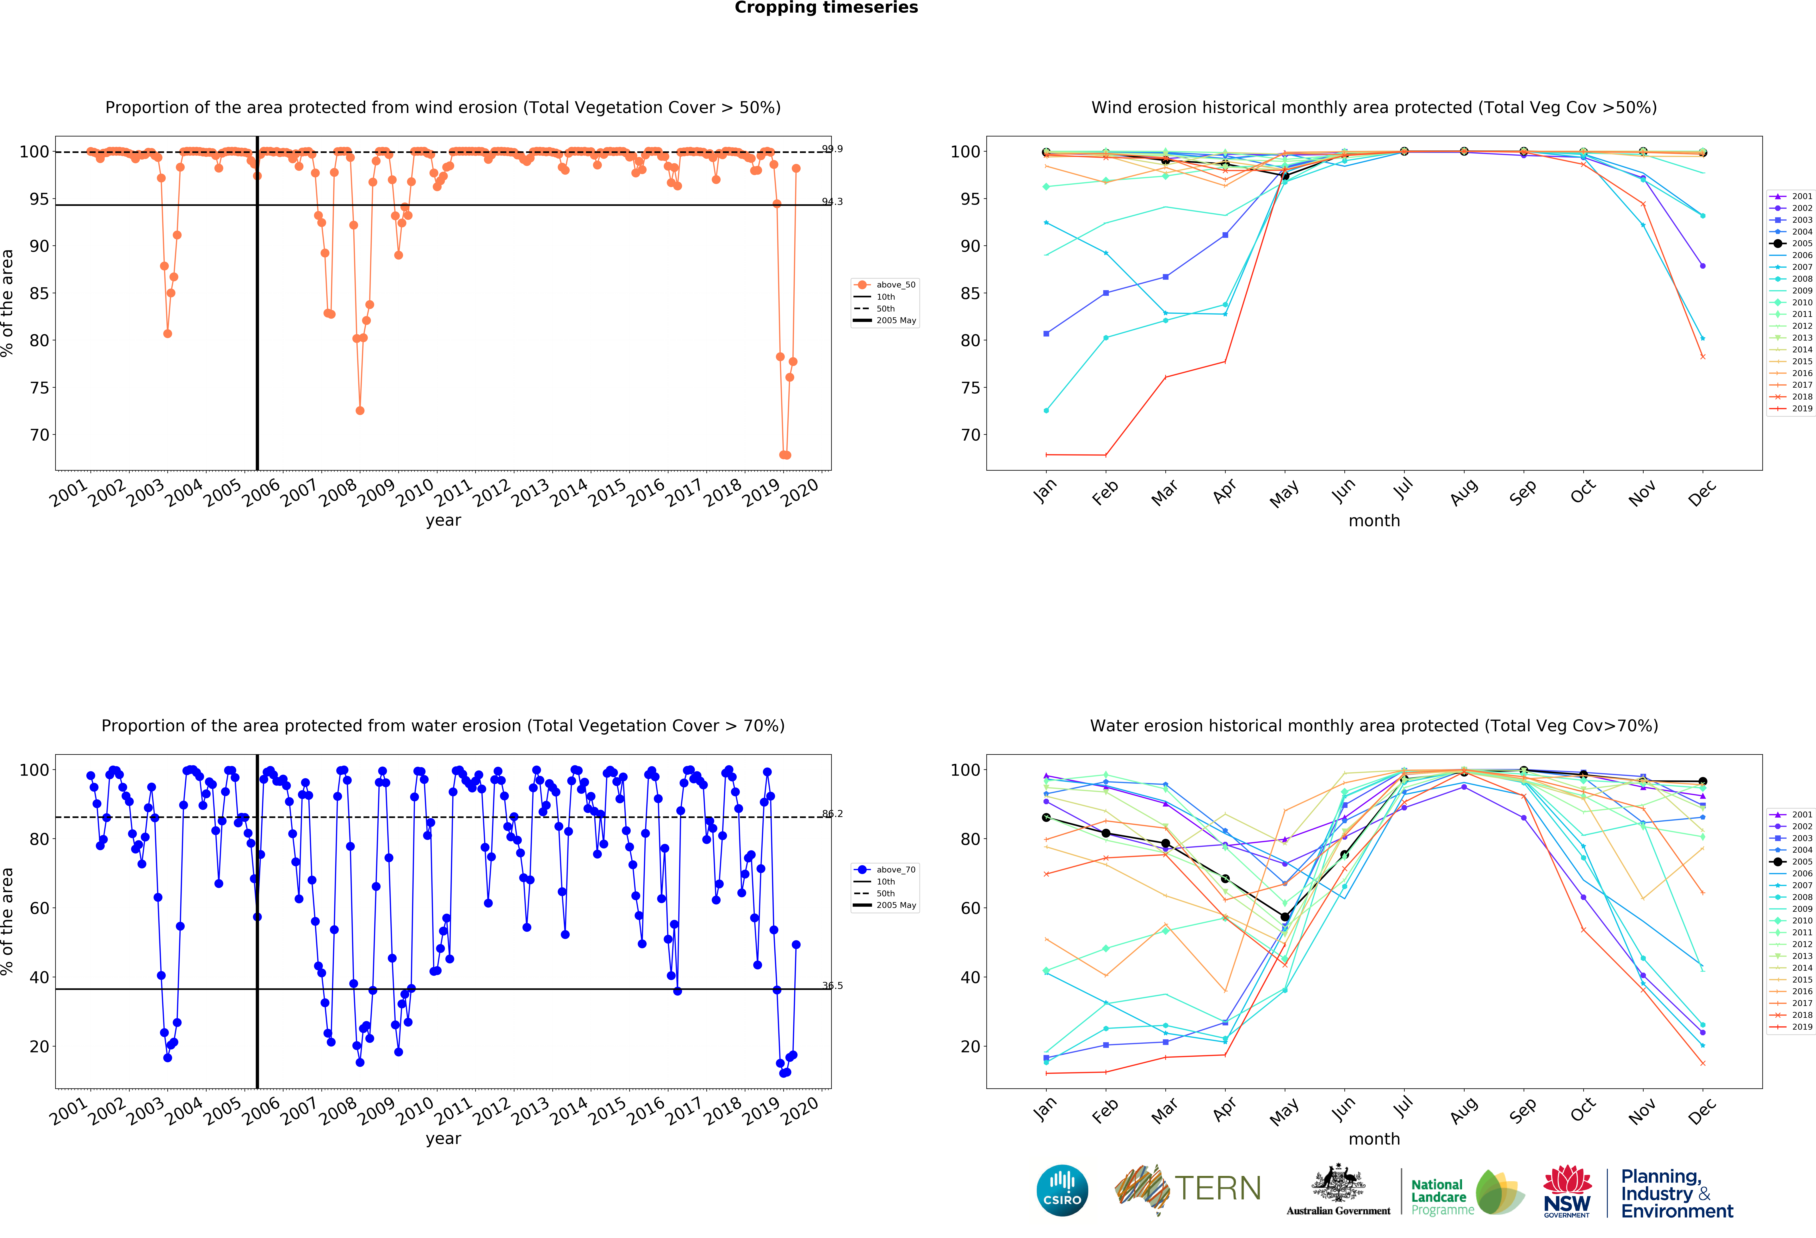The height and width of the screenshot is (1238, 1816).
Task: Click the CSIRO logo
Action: tap(1062, 1190)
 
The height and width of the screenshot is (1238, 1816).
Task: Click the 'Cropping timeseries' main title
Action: tap(826, 8)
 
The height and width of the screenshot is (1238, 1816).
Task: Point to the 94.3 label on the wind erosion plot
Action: tap(832, 202)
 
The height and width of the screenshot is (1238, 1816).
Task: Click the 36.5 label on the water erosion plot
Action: tap(832, 986)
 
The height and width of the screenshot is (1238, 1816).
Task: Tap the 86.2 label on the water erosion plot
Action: tap(832, 814)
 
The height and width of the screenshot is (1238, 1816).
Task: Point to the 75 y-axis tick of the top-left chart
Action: tap(39, 388)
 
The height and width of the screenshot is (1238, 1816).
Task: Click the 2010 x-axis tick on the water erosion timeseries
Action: tap(414, 1110)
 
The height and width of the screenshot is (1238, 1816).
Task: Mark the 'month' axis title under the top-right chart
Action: tap(1374, 520)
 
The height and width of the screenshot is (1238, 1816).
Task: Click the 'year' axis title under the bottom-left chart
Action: tap(443, 1139)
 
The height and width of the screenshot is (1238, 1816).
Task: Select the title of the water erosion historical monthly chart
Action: tap(1374, 726)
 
